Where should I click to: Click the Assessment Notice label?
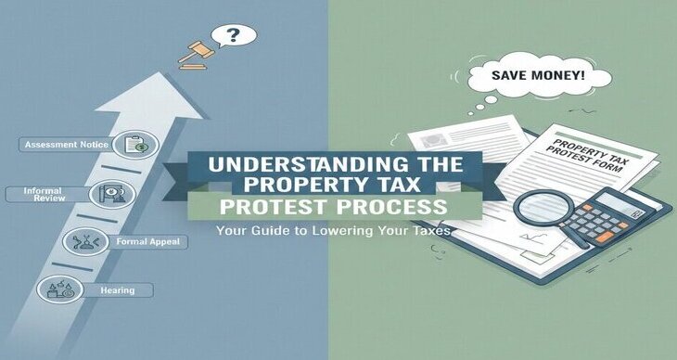click(66, 145)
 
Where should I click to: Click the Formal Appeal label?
click(163, 241)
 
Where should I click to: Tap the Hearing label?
click(119, 290)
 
